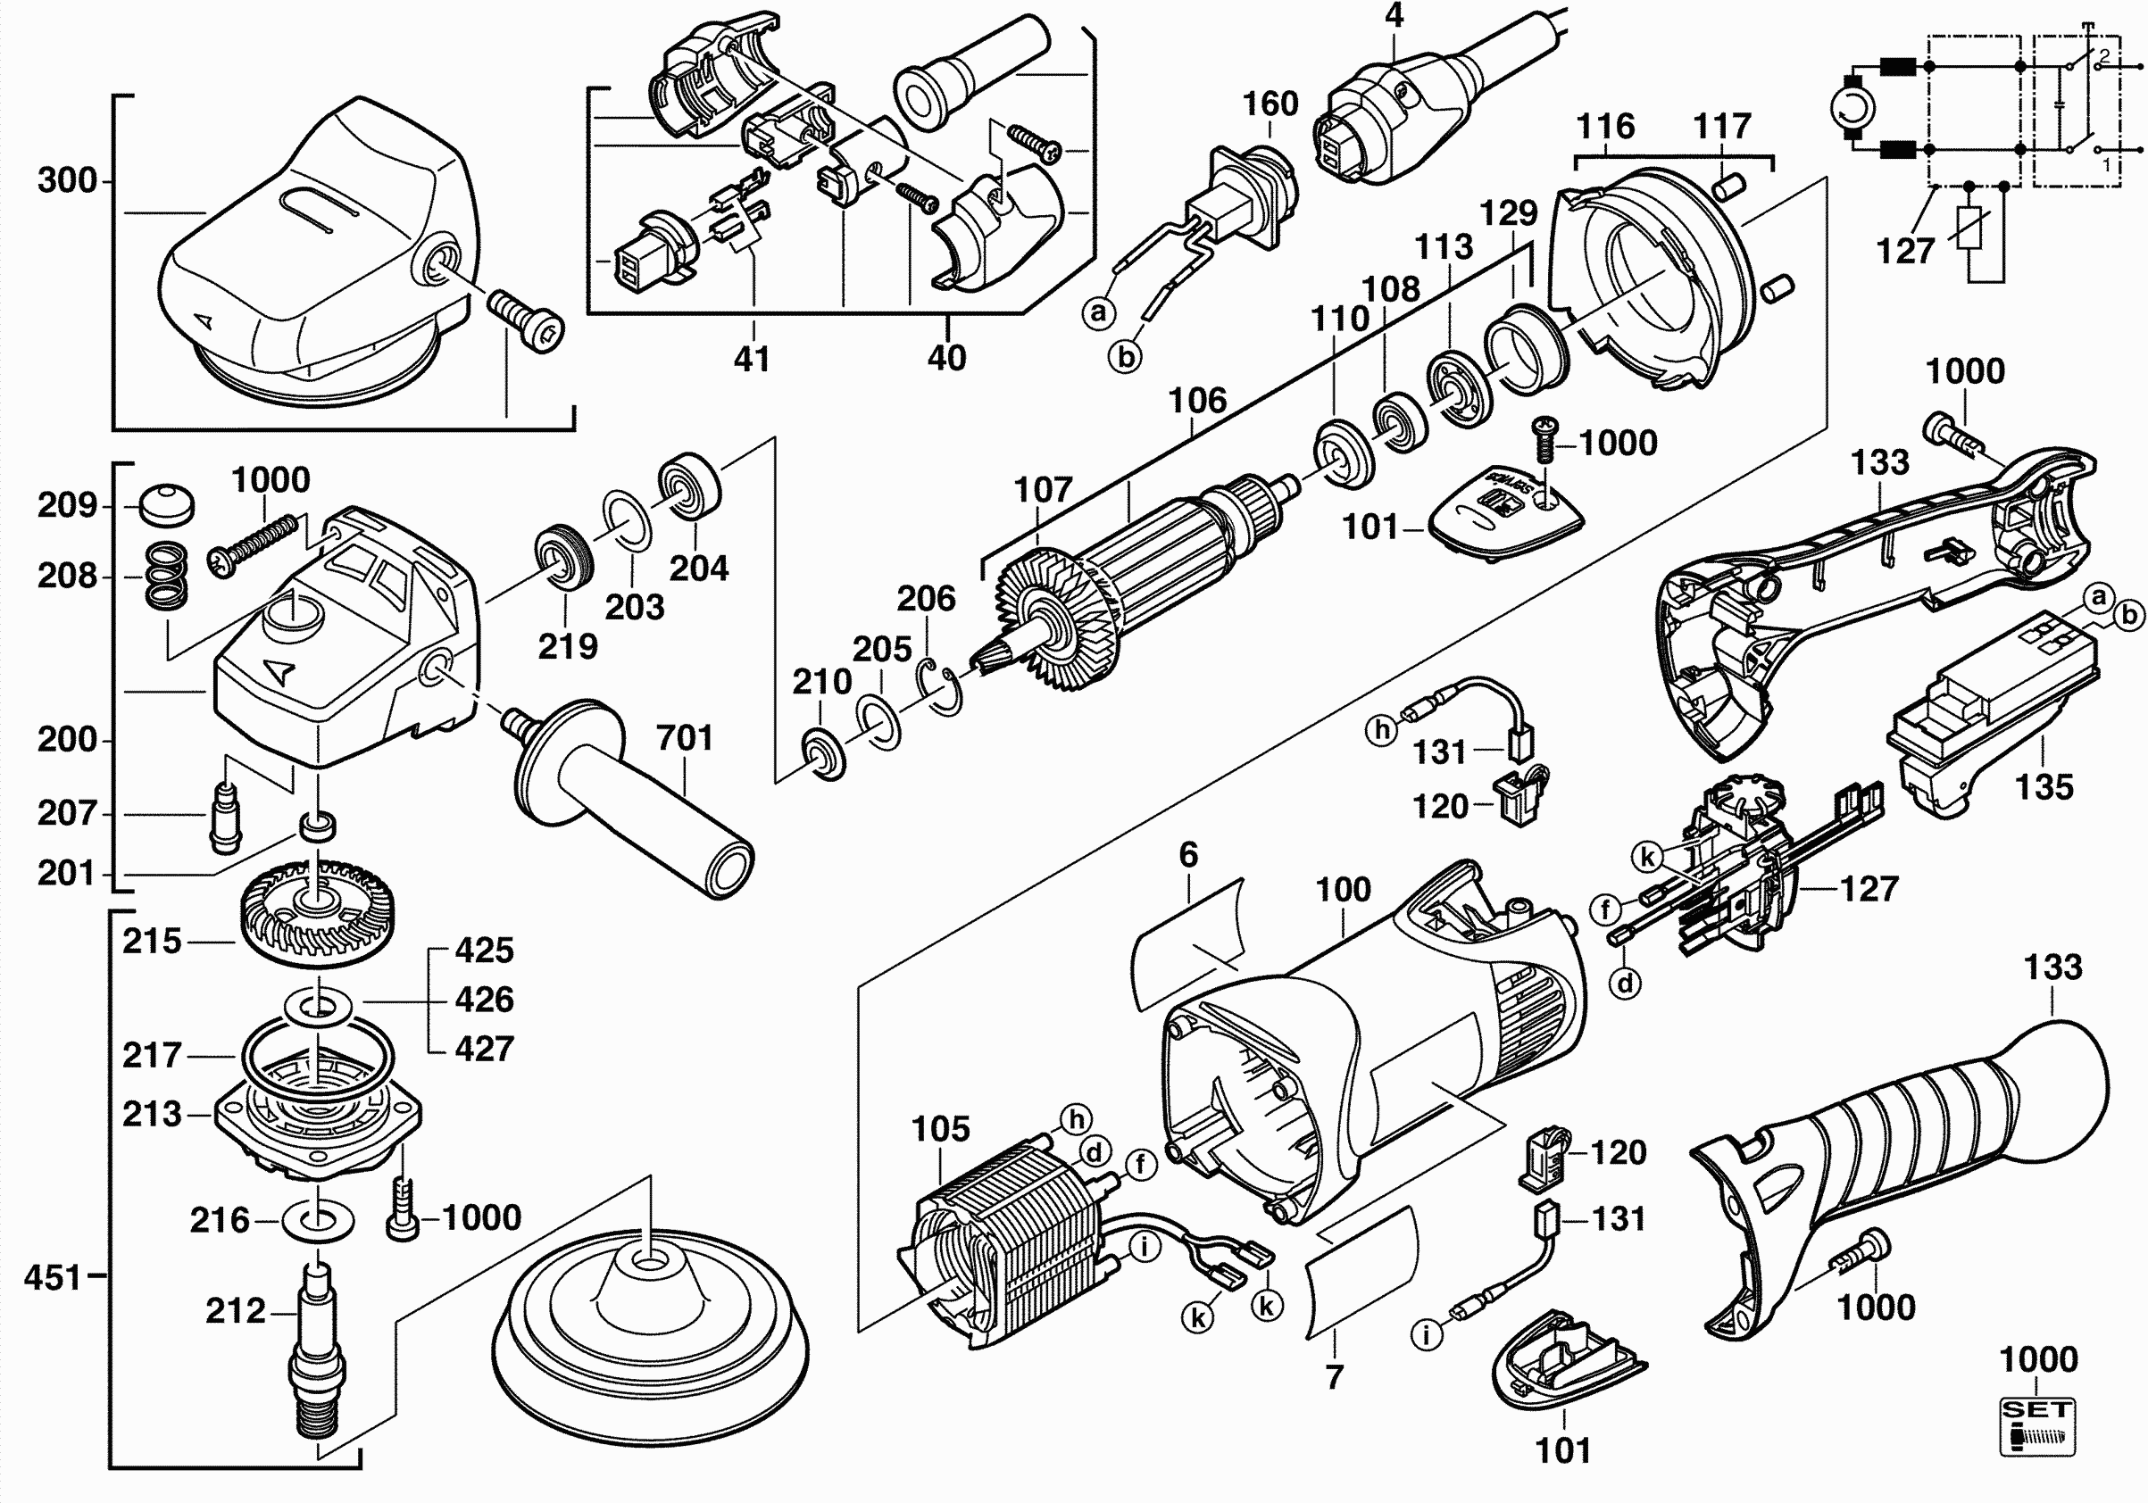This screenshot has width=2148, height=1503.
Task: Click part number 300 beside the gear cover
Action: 67,180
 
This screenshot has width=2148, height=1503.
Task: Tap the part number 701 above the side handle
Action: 684,738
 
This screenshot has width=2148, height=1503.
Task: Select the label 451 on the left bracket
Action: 54,1276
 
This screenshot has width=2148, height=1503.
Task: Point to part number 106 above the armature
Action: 1196,402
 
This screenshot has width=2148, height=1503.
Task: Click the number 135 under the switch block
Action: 2044,786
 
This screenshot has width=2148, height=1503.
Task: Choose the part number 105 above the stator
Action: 940,1129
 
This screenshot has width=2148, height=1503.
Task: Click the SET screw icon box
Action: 2036,1426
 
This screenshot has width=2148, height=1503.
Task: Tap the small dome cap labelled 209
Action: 168,504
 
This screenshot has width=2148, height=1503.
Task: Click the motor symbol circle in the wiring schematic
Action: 1853,110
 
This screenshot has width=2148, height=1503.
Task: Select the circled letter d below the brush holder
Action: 1626,982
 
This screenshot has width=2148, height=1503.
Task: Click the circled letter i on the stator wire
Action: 1145,1247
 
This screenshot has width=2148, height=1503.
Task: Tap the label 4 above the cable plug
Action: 1394,16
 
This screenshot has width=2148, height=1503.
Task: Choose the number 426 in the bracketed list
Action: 484,1000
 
